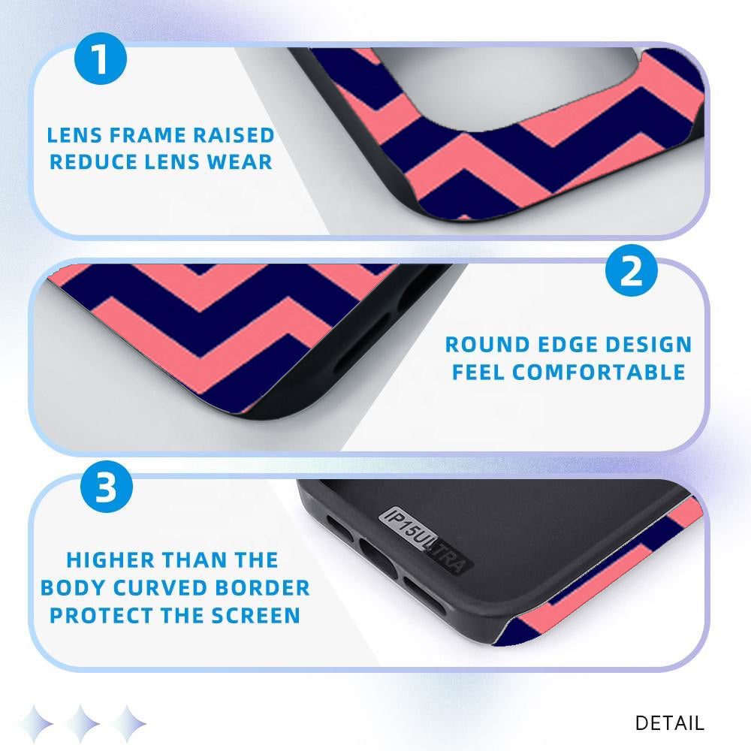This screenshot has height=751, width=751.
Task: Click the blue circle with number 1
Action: point(101,59)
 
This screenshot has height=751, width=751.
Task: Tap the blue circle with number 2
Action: point(632,270)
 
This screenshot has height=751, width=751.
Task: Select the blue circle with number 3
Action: point(107,487)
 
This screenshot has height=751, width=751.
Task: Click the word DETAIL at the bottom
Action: point(669,722)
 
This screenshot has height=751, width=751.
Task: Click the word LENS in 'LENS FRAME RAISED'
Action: point(74,135)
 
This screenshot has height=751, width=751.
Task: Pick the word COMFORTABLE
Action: point(599,372)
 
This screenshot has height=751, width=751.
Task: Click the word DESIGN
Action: point(648,345)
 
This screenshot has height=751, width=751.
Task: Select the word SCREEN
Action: point(256,616)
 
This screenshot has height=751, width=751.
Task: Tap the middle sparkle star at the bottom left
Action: point(83,723)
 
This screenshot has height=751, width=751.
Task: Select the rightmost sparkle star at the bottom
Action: point(128,723)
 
